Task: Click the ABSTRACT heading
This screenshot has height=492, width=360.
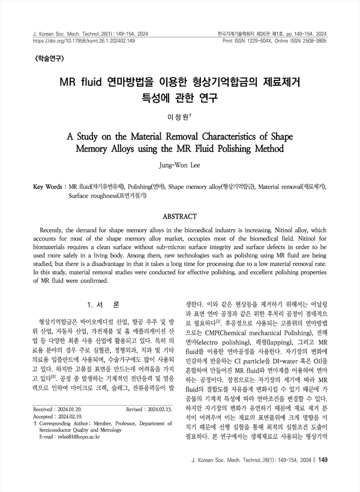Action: click(179, 215)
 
